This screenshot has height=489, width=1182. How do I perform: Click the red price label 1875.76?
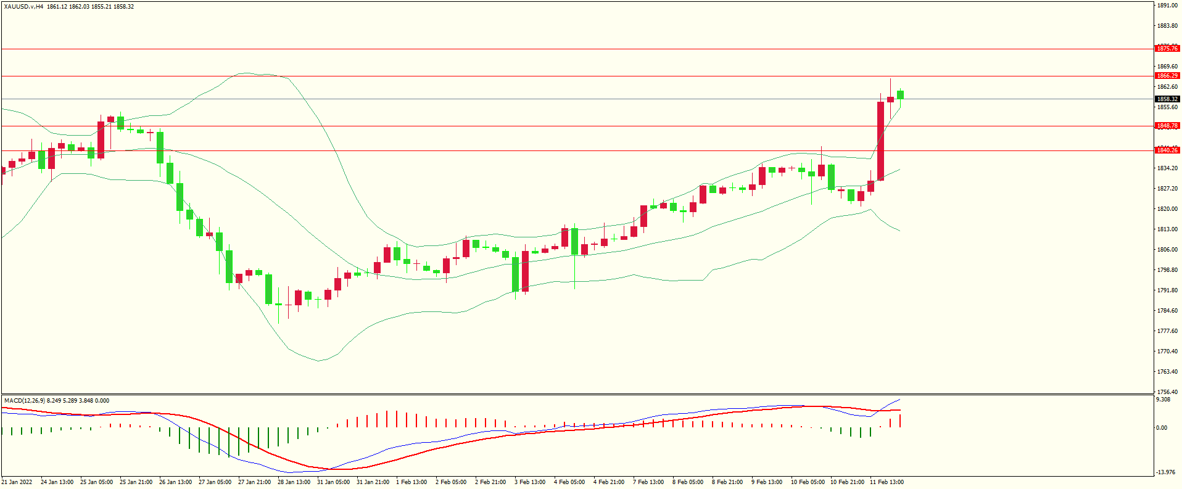(x=1167, y=49)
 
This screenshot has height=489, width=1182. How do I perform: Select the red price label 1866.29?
(x=1167, y=76)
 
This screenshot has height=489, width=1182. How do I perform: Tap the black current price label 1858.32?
(x=1167, y=99)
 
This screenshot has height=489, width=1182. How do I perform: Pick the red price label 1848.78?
(x=1167, y=126)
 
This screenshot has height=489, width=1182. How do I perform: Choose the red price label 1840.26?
(x=1167, y=150)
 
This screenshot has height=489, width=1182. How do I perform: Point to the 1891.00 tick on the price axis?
(x=1167, y=6)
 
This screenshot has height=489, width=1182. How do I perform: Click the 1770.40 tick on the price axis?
(x=1167, y=351)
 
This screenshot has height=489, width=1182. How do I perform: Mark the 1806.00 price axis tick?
(x=1167, y=250)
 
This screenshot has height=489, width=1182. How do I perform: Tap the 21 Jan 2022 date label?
(x=17, y=482)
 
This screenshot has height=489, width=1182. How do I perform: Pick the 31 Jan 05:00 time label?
(x=333, y=482)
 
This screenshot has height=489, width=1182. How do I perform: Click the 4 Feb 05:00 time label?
(x=569, y=482)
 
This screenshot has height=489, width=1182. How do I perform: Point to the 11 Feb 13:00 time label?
(x=886, y=482)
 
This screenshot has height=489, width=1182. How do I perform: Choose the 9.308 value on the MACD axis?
(x=1163, y=400)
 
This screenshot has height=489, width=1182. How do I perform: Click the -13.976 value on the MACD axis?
(x=1165, y=472)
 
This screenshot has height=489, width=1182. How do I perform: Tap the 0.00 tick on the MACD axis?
(x=1162, y=427)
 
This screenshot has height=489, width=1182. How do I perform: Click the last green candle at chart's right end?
(x=901, y=94)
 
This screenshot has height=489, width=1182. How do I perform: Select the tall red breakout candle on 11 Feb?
(x=881, y=141)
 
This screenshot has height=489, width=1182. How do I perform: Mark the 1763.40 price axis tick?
(x=1167, y=372)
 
